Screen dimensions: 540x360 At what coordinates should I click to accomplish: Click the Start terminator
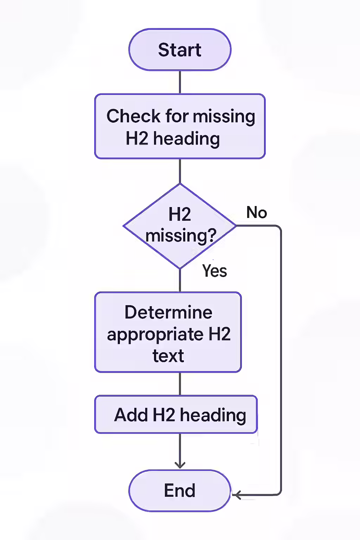click(180, 50)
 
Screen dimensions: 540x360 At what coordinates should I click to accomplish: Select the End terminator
click(180, 490)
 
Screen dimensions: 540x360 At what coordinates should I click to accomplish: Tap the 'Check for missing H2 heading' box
click(180, 126)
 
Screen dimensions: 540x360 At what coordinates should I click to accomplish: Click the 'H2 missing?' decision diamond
click(180, 226)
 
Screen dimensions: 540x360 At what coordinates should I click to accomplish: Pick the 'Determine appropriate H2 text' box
click(168, 332)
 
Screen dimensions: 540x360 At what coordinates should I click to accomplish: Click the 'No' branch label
click(257, 213)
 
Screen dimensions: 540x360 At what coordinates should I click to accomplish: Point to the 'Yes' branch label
click(214, 271)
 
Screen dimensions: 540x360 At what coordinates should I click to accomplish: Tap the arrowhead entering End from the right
click(236, 495)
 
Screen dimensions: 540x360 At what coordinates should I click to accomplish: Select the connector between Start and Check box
click(180, 82)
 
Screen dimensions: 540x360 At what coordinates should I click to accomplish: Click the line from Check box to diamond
click(180, 171)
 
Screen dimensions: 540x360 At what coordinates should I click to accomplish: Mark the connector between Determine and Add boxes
click(180, 384)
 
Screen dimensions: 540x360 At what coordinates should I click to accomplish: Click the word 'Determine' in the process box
click(168, 312)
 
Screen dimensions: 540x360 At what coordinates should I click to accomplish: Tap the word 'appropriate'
click(155, 335)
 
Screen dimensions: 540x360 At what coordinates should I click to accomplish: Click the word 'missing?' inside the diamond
click(181, 236)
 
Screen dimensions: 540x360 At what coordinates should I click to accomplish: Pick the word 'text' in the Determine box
click(168, 356)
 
